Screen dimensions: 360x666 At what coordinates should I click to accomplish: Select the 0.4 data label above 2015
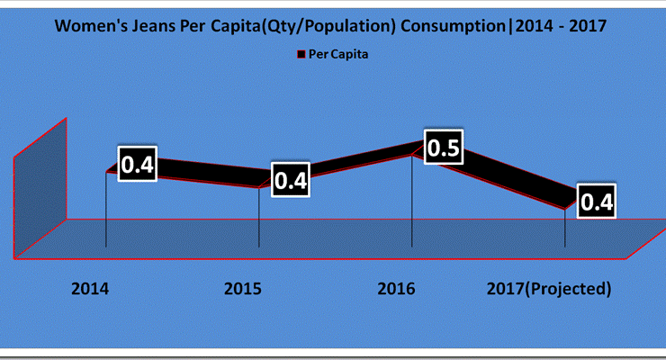coord(291,180)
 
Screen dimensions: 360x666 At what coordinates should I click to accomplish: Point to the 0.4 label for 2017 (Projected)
coord(596,202)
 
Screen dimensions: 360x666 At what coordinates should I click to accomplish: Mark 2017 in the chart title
coord(588,26)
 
